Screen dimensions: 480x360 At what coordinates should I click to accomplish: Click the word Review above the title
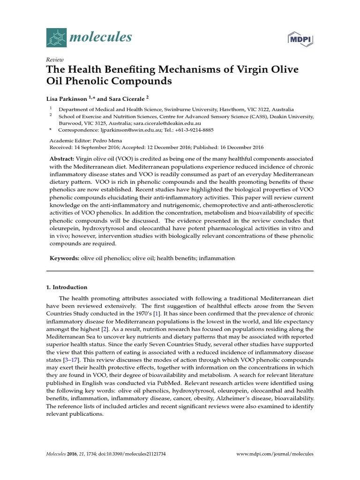click(54, 60)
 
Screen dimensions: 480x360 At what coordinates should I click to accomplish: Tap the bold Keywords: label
click(65, 258)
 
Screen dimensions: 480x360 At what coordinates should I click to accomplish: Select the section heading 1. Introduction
click(67, 287)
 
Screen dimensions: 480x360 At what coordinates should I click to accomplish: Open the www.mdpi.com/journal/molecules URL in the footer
click(275, 454)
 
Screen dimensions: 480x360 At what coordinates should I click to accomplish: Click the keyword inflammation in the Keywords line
click(217, 258)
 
